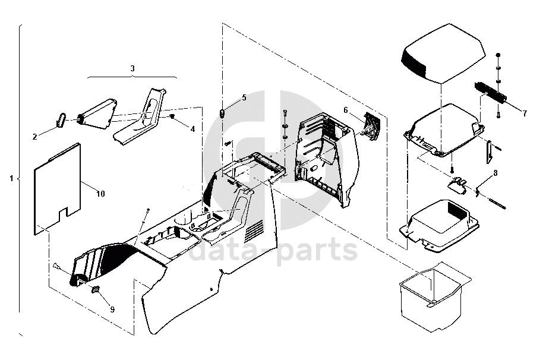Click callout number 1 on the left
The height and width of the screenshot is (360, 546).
pyautogui.click(x=11, y=178)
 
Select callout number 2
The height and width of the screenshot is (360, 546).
pyautogui.click(x=35, y=137)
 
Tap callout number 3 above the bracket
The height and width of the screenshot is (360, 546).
pyautogui.click(x=132, y=69)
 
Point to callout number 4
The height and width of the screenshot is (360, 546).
pyautogui.click(x=192, y=128)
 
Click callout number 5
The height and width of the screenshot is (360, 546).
pyautogui.click(x=243, y=97)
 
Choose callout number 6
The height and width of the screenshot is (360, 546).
pyautogui.click(x=346, y=110)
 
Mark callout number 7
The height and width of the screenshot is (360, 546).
pyautogui.click(x=524, y=112)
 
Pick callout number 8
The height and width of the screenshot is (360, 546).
pyautogui.click(x=494, y=173)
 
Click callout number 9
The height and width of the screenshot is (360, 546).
pyautogui.click(x=112, y=309)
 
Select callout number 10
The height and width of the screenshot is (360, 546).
pyautogui.click(x=100, y=194)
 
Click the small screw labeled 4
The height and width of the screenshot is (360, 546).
pyautogui.click(x=172, y=117)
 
